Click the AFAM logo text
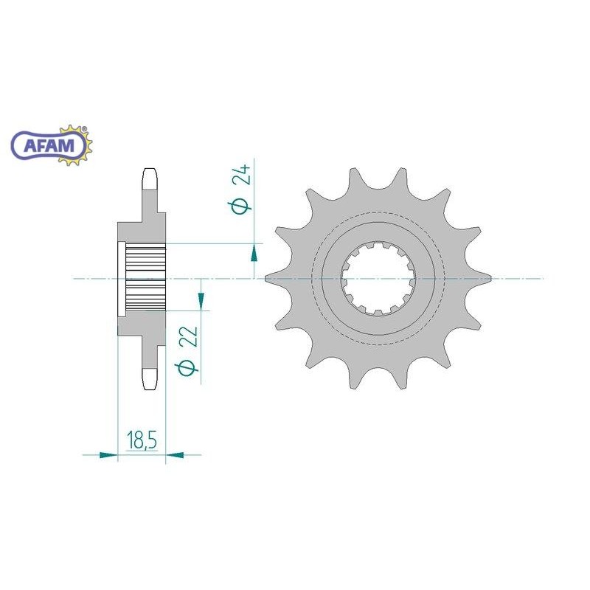click(x=49, y=145)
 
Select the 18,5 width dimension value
click(x=142, y=440)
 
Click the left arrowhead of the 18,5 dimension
click(x=108, y=455)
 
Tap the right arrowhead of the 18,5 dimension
click(x=175, y=455)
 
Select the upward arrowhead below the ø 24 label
click(x=254, y=252)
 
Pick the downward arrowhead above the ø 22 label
click(x=201, y=302)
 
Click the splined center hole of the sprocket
click(x=378, y=279)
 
